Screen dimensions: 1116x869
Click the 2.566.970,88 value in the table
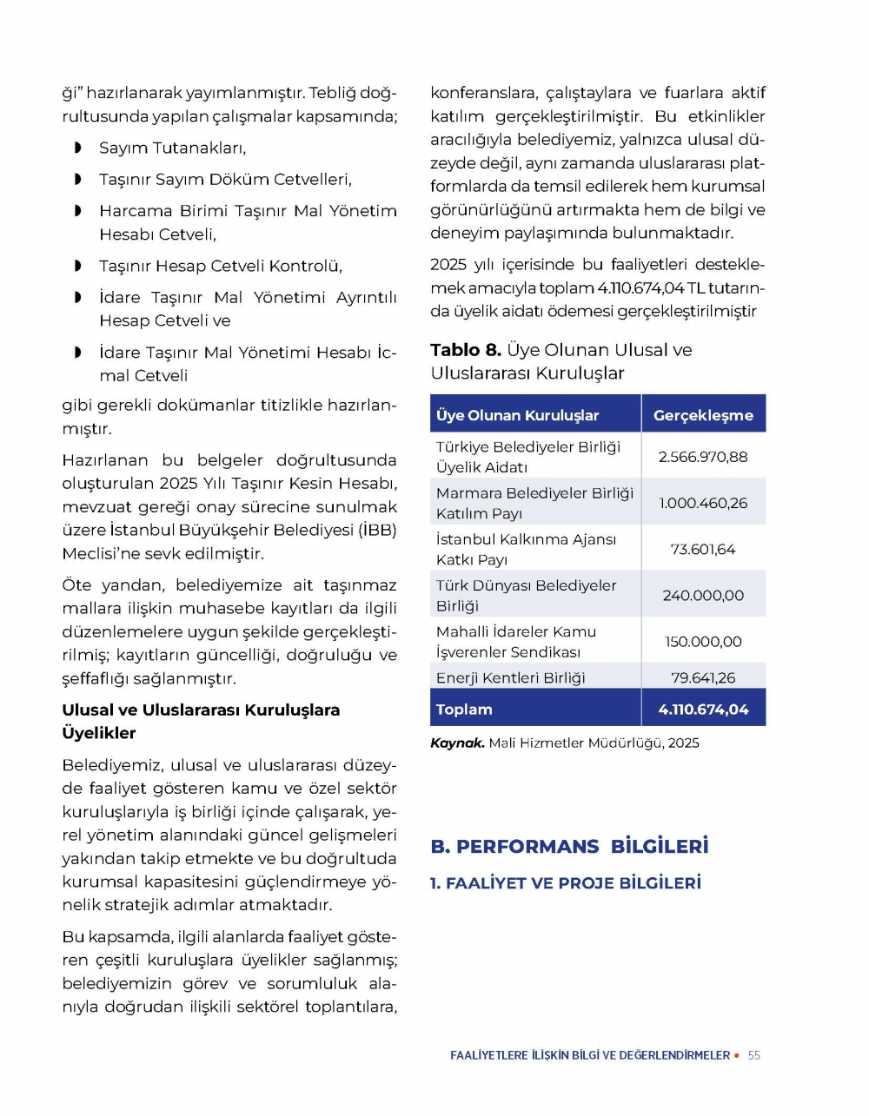coord(703,457)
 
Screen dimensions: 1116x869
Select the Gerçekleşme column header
coord(703,415)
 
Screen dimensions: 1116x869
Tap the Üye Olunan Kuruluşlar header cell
coord(518,415)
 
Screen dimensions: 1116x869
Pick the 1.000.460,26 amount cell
coord(703,503)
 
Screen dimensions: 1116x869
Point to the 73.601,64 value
coord(703,549)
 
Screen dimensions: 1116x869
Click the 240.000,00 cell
coord(703,596)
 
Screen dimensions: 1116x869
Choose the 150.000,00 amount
coord(703,642)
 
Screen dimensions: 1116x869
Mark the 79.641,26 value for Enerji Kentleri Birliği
coord(703,677)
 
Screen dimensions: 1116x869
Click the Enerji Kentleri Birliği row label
coord(511,677)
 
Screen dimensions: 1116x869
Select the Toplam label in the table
coord(464,710)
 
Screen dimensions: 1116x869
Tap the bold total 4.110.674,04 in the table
coord(703,710)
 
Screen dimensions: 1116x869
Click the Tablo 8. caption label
coord(466,350)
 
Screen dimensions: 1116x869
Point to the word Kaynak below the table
coord(457,743)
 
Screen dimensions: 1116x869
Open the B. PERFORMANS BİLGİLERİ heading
coord(569,847)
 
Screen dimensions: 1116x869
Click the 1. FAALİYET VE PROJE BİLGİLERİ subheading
coord(566,883)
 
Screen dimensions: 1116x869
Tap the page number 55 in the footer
coord(754,1055)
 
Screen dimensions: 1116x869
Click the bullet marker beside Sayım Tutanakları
coord(78,149)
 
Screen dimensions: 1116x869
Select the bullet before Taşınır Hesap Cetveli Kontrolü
coord(78,267)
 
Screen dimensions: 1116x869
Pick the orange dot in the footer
coord(737,1055)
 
